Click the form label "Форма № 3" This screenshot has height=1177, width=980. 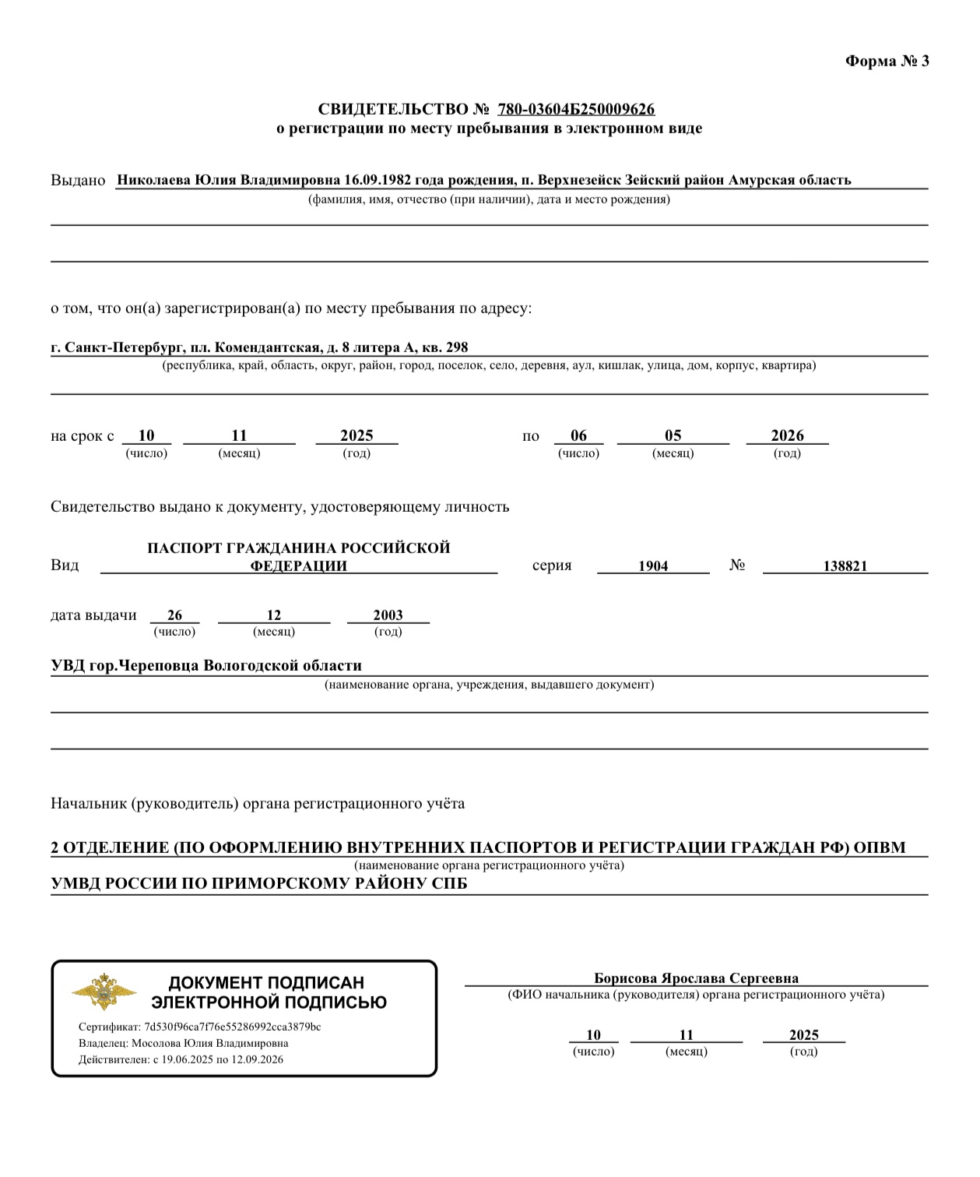[x=887, y=62]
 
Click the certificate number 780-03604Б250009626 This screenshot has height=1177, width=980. [x=576, y=109]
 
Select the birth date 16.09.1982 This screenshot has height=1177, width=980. [x=378, y=180]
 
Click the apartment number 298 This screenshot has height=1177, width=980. [x=458, y=347]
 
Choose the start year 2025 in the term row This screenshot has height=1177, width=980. [x=357, y=435]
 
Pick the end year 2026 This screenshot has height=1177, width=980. [x=787, y=435]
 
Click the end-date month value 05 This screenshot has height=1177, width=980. [x=673, y=435]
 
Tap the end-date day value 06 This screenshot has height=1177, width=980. [x=578, y=435]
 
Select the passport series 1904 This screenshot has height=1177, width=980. [x=653, y=566]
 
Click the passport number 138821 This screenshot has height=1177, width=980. [x=845, y=566]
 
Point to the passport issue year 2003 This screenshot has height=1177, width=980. [x=388, y=615]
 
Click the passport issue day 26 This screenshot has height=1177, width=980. [x=174, y=615]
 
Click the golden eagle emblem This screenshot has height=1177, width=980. [x=104, y=992]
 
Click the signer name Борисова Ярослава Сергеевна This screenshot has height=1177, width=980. [x=696, y=978]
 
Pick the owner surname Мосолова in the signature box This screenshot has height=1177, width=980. [x=160, y=1043]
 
